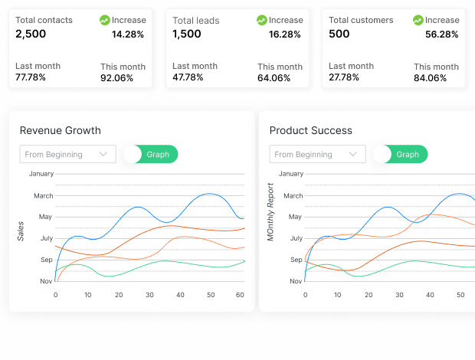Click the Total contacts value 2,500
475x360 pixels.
[31, 34]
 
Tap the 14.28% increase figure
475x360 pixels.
[129, 34]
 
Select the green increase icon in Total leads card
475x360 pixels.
[262, 20]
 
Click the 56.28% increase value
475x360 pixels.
[441, 34]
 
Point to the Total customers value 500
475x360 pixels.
[339, 34]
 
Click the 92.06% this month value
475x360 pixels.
[117, 78]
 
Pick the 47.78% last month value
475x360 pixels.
[188, 77]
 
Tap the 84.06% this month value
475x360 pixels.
[431, 78]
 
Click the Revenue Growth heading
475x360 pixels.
[60, 130]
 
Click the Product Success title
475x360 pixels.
[310, 130]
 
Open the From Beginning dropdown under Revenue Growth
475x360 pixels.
[67, 154]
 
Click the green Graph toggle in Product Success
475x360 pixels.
[407, 154]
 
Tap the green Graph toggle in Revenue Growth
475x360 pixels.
[157, 154]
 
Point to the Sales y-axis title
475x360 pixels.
[21, 230]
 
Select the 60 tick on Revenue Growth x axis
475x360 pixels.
[239, 295]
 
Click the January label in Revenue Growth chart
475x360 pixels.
[41, 174]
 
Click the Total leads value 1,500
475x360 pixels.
[187, 34]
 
